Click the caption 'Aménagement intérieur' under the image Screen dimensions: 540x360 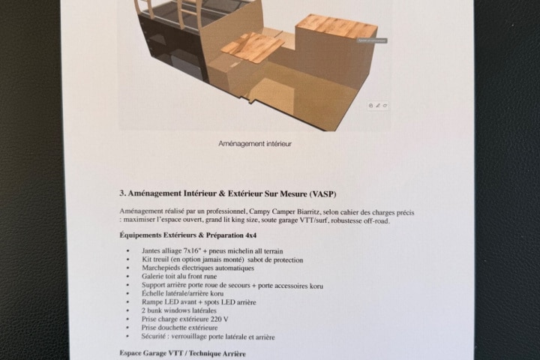point(255,144)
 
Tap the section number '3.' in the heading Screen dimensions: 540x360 point(122,193)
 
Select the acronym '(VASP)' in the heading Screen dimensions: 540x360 point(322,194)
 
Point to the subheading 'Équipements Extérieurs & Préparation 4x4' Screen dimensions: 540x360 point(188,235)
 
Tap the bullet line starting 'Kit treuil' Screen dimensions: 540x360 point(223,259)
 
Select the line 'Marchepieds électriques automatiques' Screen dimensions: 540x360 point(198,268)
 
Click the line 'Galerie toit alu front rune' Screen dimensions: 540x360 point(179,276)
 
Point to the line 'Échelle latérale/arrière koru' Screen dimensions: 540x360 point(182,293)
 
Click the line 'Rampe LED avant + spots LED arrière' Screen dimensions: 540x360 point(199,302)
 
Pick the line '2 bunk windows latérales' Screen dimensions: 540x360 point(179,310)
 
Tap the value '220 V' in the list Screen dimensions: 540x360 point(219,319)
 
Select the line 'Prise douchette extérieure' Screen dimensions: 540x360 point(179,328)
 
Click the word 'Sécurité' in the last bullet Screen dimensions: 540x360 point(154,336)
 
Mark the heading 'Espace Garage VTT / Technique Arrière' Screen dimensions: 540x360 point(183,353)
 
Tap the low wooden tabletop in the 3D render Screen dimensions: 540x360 point(253,47)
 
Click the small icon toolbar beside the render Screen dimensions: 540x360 point(378,106)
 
